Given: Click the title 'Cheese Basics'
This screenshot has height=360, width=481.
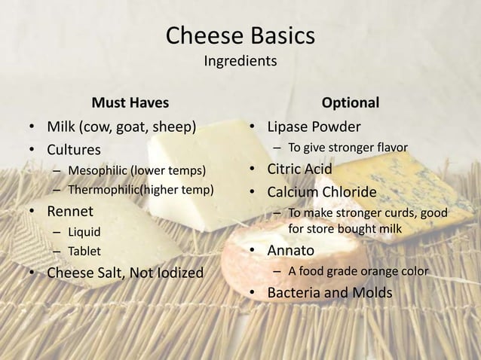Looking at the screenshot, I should coord(240,36).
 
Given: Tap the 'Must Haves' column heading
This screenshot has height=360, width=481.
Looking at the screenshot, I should coord(130,102).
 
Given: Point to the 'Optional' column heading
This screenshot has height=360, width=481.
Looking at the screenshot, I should coord(351,102).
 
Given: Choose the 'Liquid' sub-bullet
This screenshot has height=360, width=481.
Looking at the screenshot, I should coord(84,230).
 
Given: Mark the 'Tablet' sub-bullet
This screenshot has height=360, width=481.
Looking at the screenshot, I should coord(84,251).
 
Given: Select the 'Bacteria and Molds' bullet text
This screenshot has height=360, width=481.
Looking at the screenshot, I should coord(329,292).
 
